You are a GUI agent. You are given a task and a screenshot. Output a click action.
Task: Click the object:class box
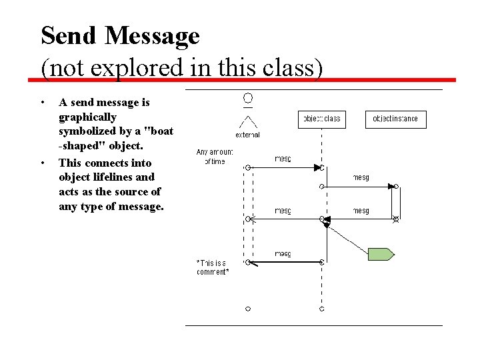[322, 119]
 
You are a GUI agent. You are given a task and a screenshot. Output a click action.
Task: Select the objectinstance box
[395, 119]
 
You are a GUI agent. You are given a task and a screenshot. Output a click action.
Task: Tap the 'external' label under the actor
[247, 135]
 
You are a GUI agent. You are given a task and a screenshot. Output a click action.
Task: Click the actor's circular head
[247, 99]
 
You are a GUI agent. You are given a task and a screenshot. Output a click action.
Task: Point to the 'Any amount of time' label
[215, 156]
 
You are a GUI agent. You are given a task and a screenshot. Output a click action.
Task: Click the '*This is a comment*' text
[213, 267]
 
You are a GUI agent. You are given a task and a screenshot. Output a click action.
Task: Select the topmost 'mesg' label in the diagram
[283, 159]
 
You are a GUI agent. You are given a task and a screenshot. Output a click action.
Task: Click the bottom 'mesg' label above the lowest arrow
[283, 253]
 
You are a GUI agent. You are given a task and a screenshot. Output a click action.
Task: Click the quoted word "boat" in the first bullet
[155, 131]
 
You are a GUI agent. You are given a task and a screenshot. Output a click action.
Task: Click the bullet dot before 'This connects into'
[43, 163]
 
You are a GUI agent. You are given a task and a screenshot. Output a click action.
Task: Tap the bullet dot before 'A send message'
[43, 103]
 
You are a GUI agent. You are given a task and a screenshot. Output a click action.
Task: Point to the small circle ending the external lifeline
[247, 309]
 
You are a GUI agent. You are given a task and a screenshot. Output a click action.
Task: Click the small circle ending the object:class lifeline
[321, 309]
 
